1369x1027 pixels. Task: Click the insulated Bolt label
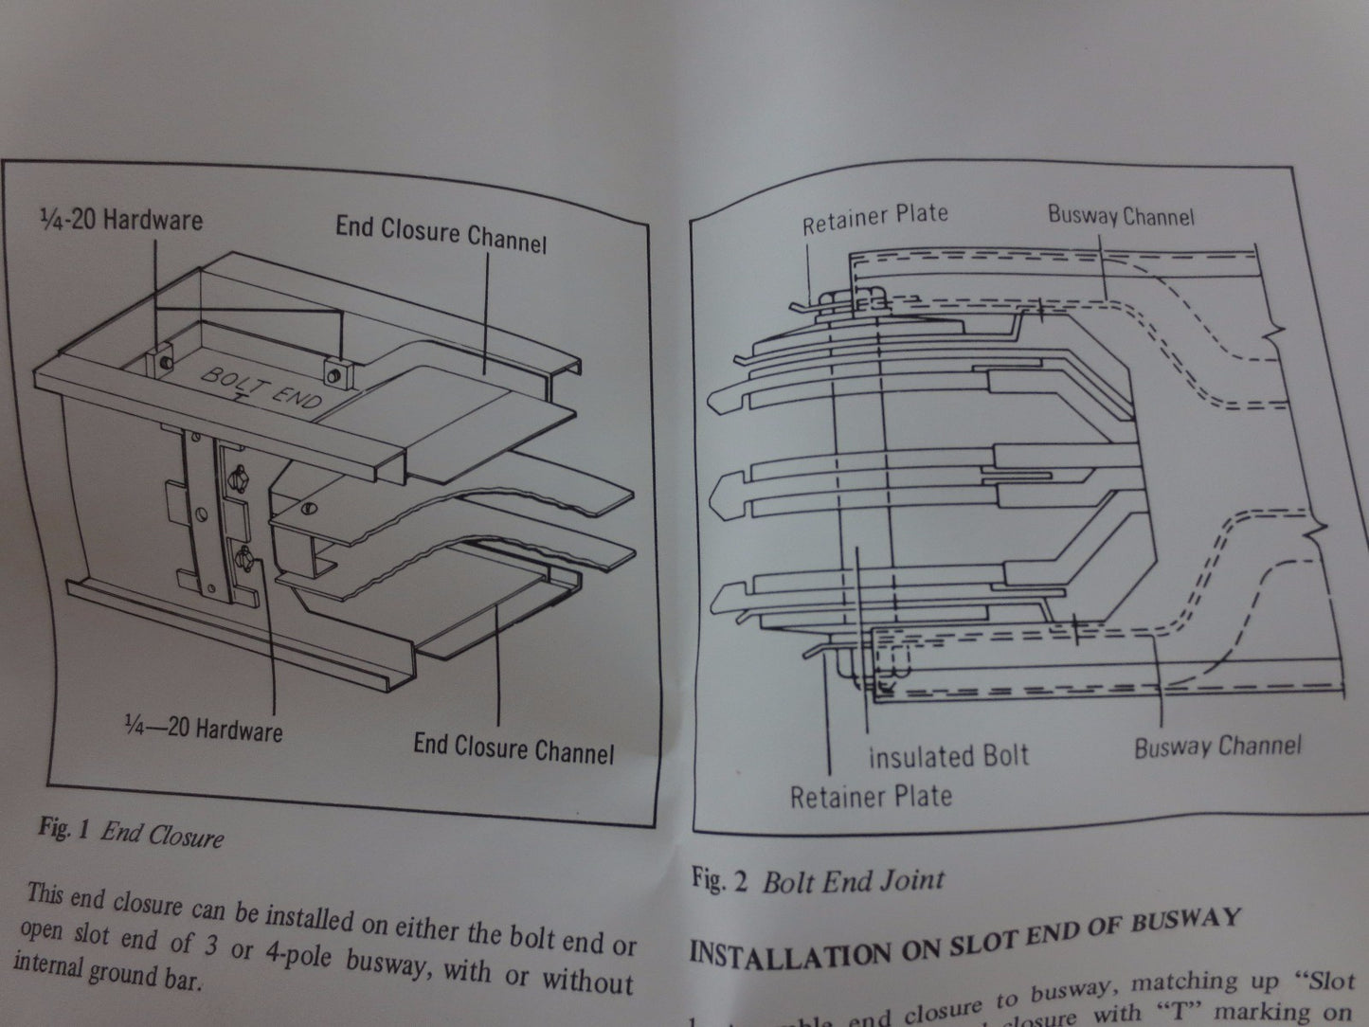[x=947, y=757]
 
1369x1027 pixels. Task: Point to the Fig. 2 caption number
[x=720, y=881]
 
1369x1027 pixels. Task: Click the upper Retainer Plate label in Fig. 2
[x=874, y=219]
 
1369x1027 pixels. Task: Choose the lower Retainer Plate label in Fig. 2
[x=870, y=796]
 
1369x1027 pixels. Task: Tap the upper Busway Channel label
[x=1121, y=215]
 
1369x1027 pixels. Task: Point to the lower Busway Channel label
[x=1217, y=747]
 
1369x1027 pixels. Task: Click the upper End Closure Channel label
[x=441, y=234]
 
